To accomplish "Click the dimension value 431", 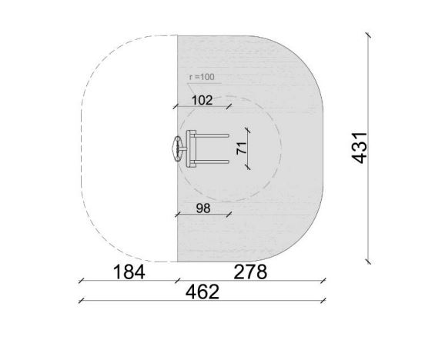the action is click(x=360, y=148).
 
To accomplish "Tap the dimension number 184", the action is click(x=129, y=272).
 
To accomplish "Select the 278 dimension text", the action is click(x=250, y=272).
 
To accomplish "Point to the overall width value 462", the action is click(x=202, y=292).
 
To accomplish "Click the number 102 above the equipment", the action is click(x=202, y=101).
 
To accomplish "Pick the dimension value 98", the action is click(x=203, y=208).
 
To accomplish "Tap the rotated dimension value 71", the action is click(x=242, y=148).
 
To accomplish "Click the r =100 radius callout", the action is click(x=202, y=77).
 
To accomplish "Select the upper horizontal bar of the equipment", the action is click(x=212, y=135).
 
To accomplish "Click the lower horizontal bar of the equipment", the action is click(x=212, y=162).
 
